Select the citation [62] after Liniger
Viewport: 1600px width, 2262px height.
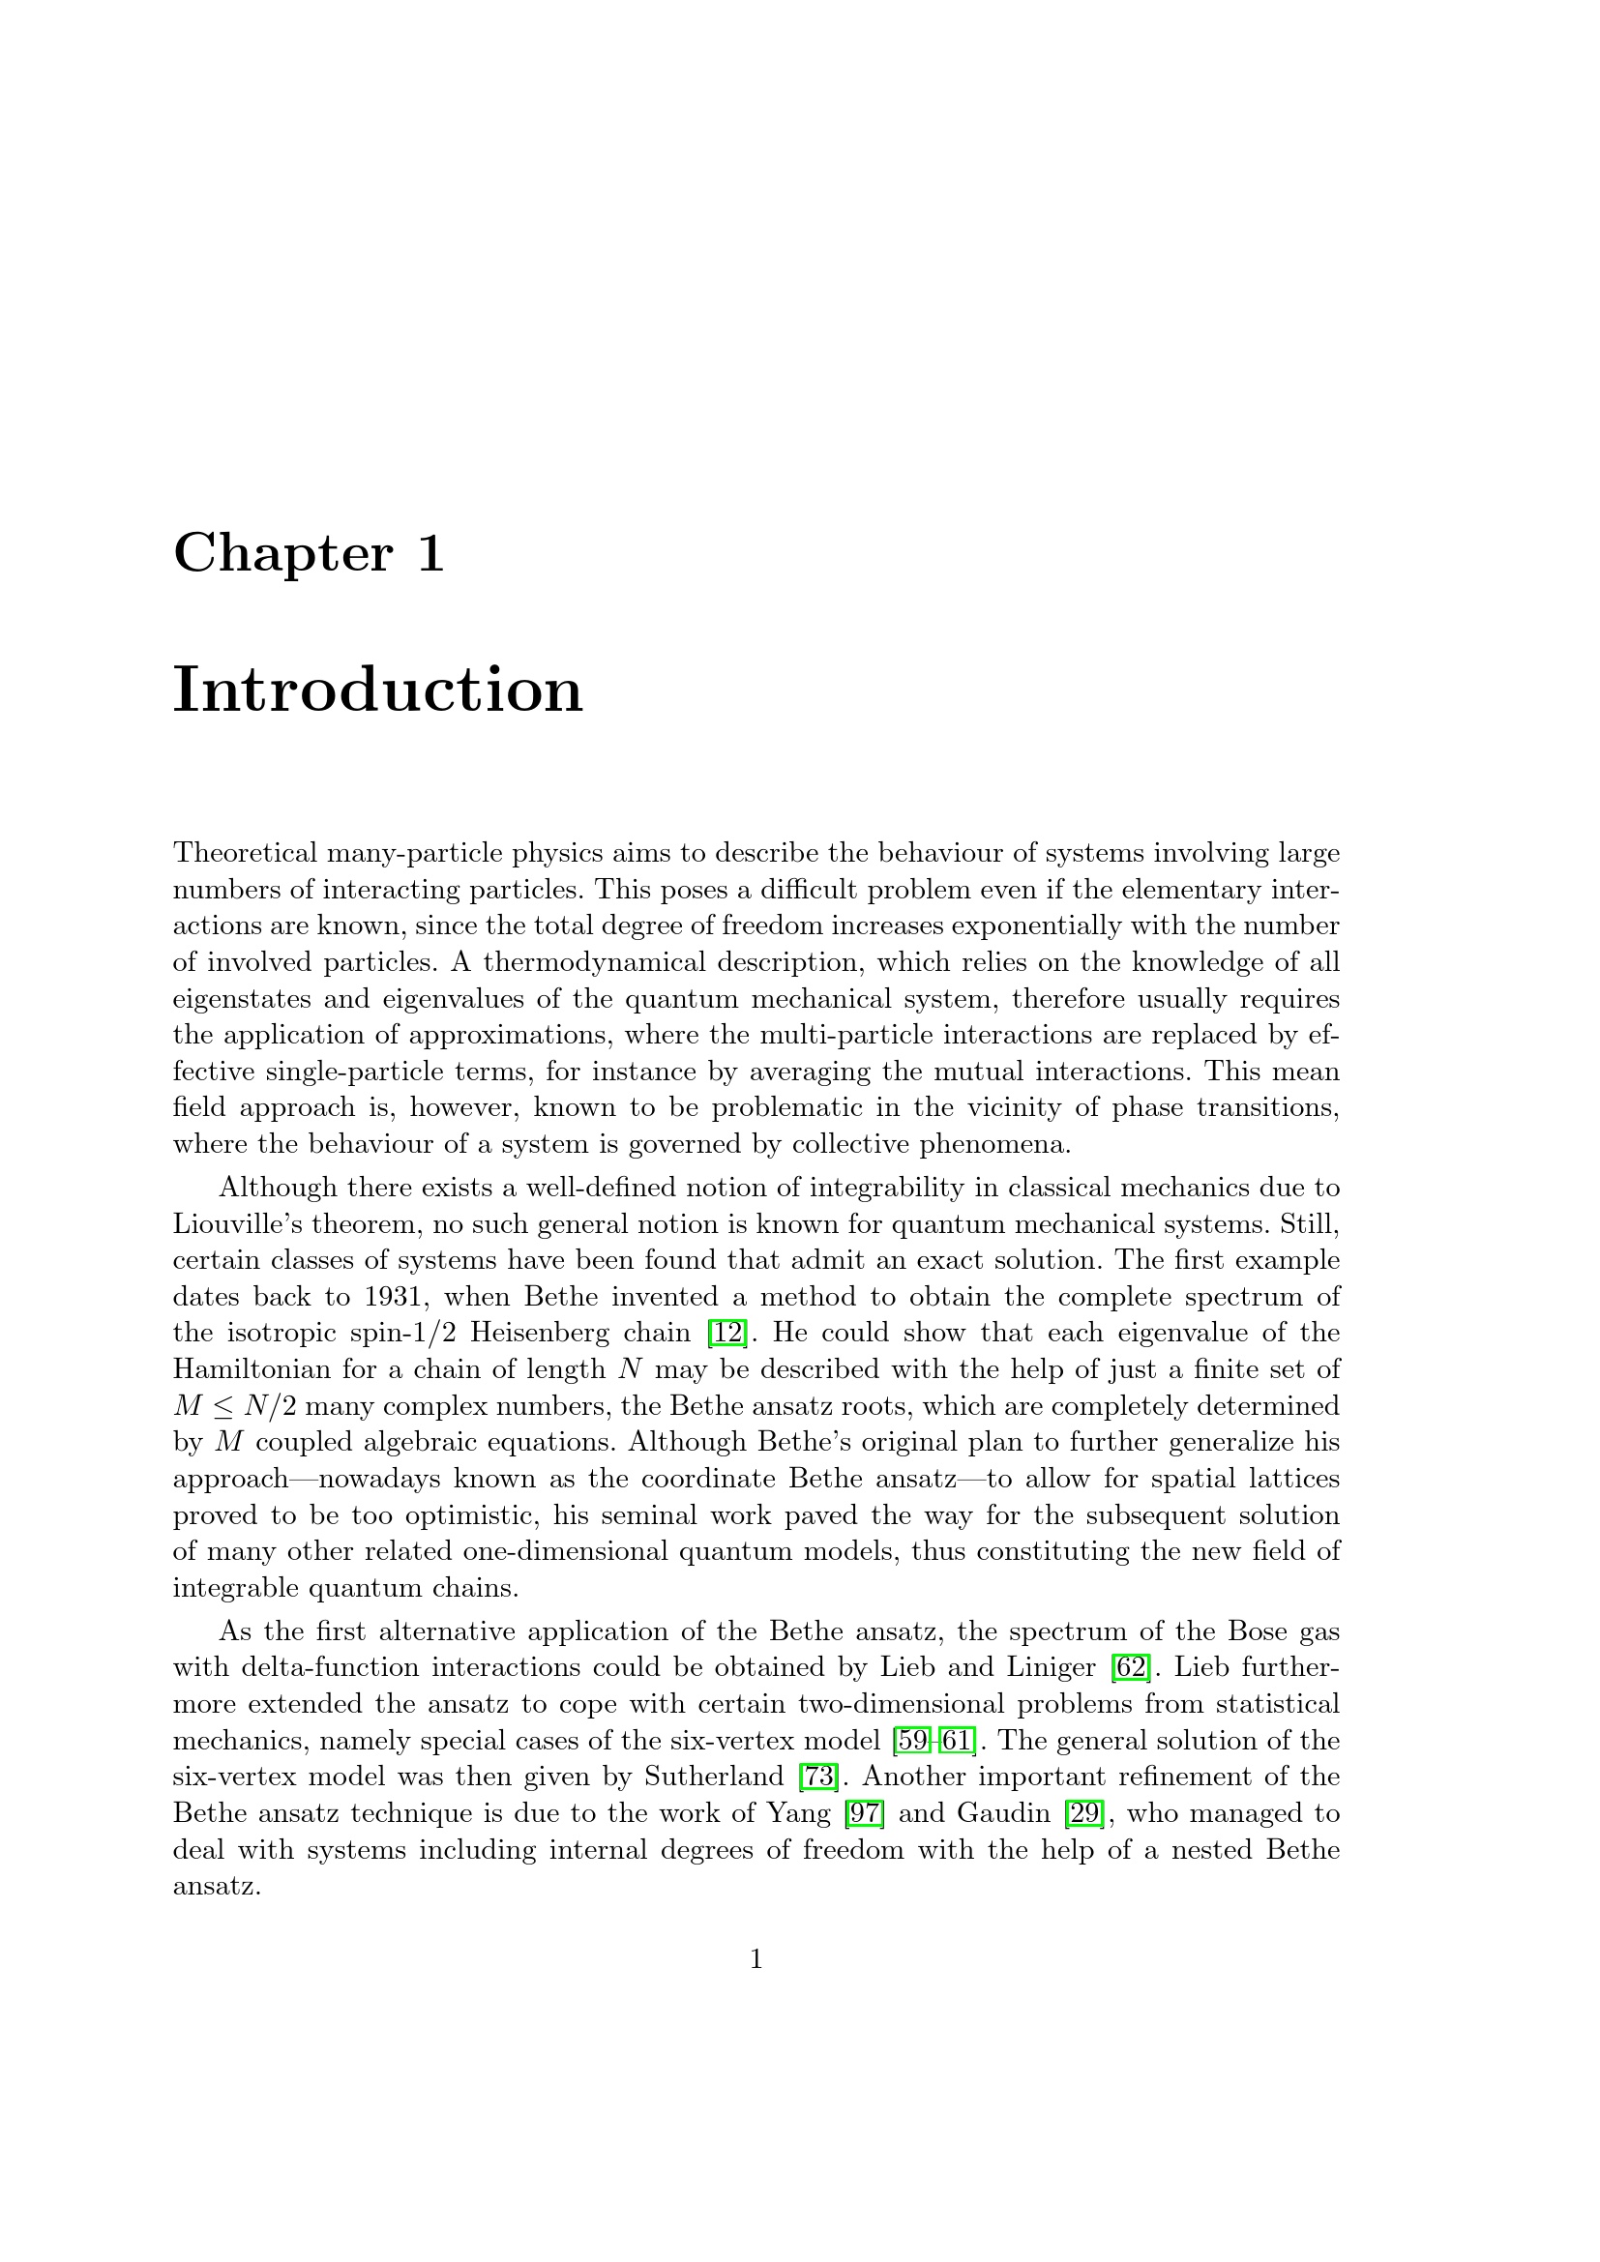(1130, 1668)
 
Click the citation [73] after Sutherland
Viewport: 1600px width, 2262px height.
(818, 1777)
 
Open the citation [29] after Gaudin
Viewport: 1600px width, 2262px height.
(1083, 1813)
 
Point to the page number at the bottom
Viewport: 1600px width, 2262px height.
(756, 1959)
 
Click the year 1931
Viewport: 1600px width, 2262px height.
(398, 1297)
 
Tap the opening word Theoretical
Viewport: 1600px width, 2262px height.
(246, 852)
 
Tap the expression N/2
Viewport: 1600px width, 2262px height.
(268, 1406)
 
